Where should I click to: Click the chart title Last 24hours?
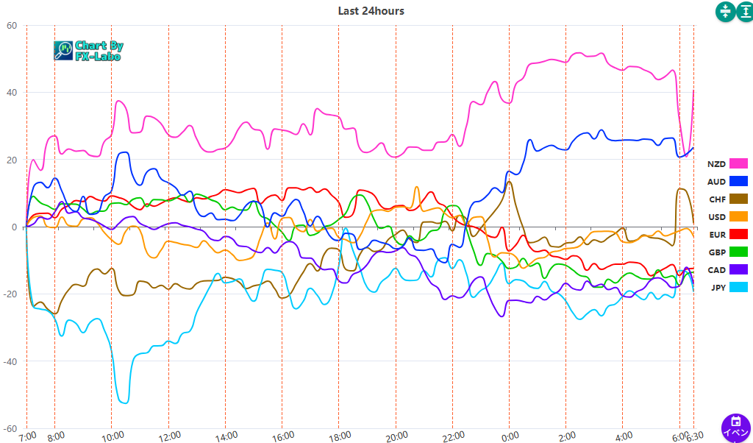tap(371, 11)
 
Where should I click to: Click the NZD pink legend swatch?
tap(738, 163)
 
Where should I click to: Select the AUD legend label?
tap(716, 181)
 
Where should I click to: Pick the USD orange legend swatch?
tap(738, 216)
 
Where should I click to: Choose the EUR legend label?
tap(716, 235)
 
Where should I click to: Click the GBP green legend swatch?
tap(738, 252)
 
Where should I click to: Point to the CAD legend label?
tap(716, 270)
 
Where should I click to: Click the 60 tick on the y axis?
tap(12, 25)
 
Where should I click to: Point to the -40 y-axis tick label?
tap(10, 361)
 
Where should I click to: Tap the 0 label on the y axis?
tap(14, 227)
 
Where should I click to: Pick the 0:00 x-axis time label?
tap(508, 436)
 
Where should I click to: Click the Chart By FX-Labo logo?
tap(88, 50)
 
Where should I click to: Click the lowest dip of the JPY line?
tap(124, 403)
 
